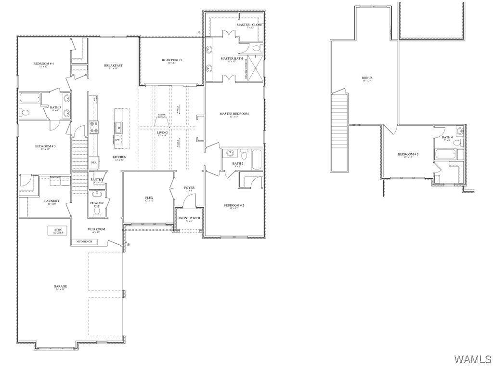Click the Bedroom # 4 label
click(x=43, y=64)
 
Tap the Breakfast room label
click(x=114, y=66)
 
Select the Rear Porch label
click(x=171, y=60)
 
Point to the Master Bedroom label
click(x=234, y=114)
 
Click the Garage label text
click(x=60, y=287)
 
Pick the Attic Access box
click(x=58, y=231)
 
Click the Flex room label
click(x=149, y=198)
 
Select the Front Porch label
click(x=189, y=218)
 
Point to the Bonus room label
click(x=367, y=78)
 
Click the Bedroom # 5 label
click(x=408, y=155)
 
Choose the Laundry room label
click(x=52, y=201)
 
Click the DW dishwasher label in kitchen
click(x=117, y=140)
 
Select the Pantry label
click(x=97, y=180)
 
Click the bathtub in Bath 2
click(x=256, y=159)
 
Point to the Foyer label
click(x=189, y=188)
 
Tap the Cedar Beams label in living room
click(x=162, y=116)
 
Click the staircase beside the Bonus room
click(x=339, y=130)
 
